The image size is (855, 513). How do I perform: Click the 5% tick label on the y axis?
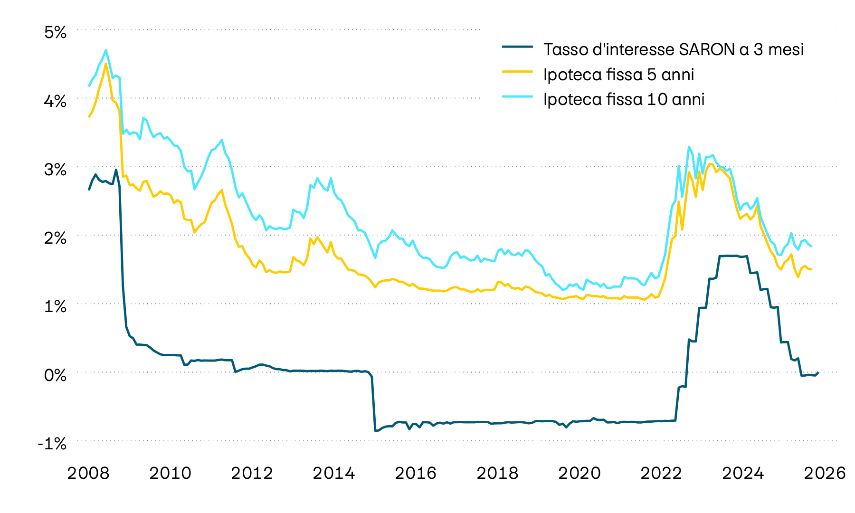(x=55, y=32)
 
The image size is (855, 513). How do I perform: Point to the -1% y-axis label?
(x=53, y=444)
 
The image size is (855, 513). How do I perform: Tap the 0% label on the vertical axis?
(x=55, y=375)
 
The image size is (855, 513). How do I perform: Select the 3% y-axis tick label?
(x=55, y=170)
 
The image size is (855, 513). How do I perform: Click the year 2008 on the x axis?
(x=88, y=473)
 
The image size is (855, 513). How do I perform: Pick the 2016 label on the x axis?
(x=416, y=473)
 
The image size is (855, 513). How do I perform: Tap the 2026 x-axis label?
(x=825, y=473)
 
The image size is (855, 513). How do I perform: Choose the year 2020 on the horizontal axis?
(x=579, y=473)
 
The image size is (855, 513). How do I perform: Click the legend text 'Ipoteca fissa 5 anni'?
(x=618, y=75)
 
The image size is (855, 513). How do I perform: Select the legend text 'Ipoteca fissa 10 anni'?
(x=624, y=99)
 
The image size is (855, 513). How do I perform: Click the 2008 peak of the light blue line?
(x=105, y=50)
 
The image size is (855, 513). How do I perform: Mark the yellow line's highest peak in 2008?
(x=105, y=64)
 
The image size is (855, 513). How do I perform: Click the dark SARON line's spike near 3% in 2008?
(x=116, y=170)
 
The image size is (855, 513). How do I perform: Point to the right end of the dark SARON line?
(x=818, y=372)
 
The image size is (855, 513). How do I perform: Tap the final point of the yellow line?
(x=811, y=270)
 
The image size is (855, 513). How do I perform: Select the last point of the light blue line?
(x=811, y=247)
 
